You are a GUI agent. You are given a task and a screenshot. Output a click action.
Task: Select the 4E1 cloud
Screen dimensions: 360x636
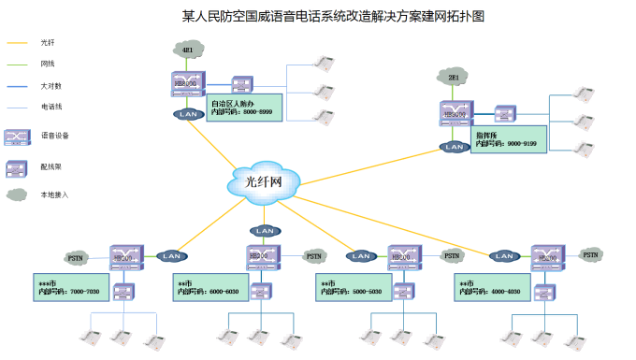point(188,50)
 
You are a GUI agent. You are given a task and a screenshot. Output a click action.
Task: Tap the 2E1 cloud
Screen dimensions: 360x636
point(454,77)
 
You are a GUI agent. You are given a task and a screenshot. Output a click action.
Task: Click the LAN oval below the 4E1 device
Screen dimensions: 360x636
point(189,114)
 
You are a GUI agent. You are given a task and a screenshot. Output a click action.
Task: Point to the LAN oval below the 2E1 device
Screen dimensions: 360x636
point(455,147)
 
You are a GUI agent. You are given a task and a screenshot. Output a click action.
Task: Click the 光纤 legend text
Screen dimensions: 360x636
point(48,43)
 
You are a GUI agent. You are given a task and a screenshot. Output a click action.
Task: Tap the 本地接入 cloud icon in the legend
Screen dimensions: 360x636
point(17,195)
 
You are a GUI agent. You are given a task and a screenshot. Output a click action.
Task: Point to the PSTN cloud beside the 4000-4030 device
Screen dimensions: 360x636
point(590,254)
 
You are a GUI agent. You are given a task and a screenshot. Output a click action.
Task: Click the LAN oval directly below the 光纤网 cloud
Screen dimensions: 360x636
point(265,231)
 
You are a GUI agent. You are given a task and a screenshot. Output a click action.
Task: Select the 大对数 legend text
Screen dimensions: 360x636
point(51,86)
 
